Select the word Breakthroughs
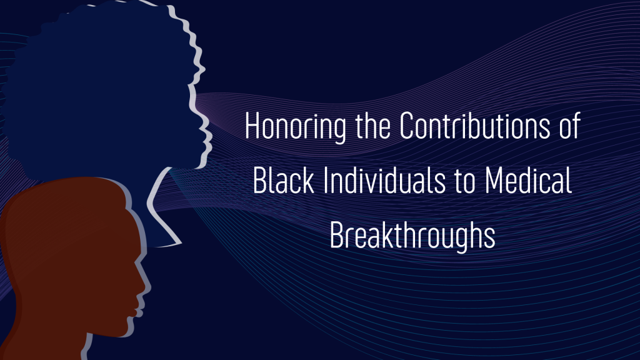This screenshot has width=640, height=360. click(x=412, y=236)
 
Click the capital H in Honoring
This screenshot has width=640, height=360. click(x=252, y=125)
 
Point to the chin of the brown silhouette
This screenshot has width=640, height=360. click(x=126, y=329)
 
